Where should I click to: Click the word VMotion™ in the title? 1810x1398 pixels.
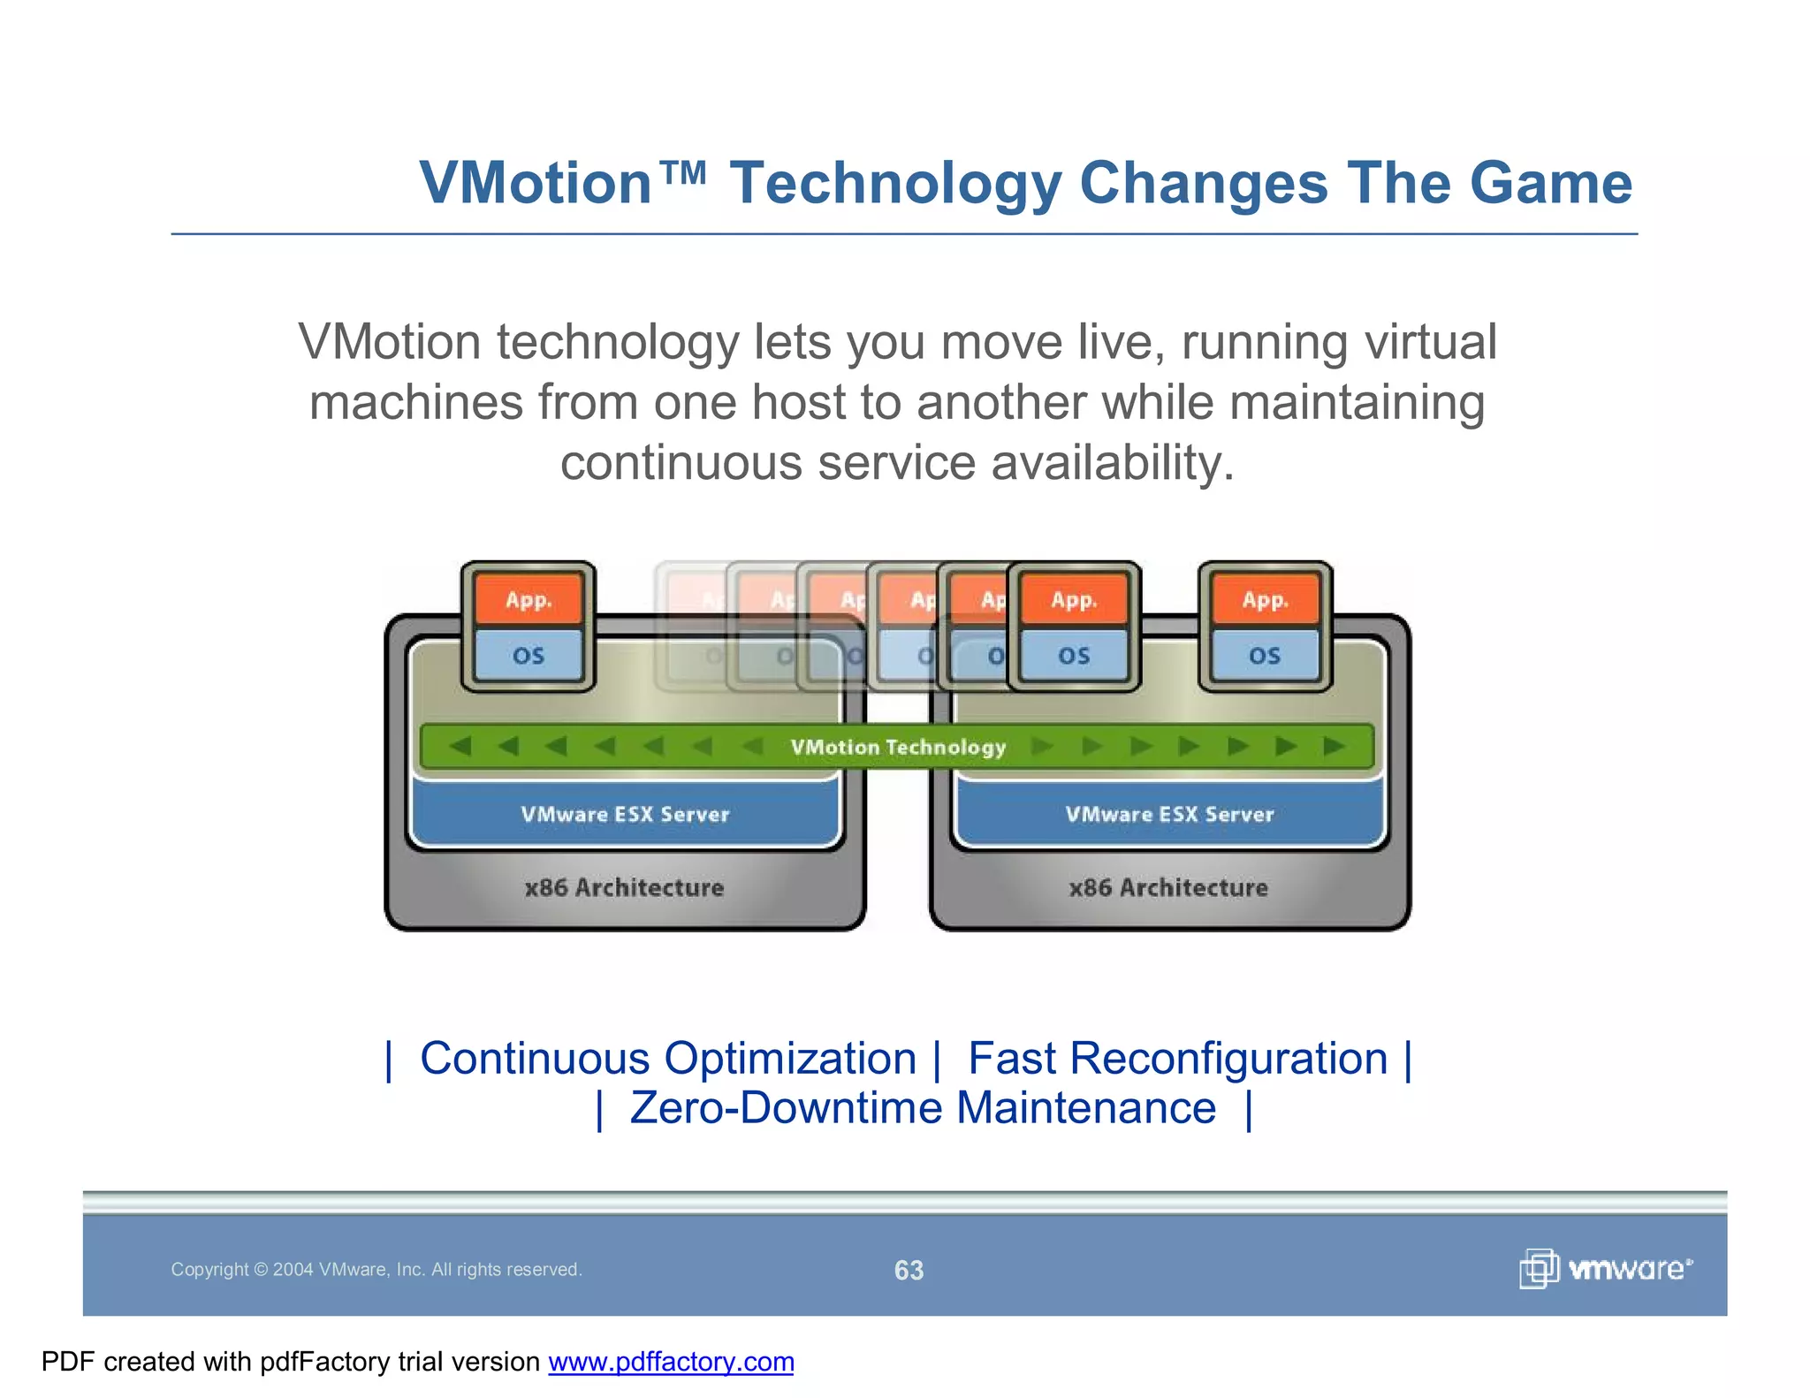(x=562, y=183)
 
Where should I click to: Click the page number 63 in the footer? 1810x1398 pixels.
(x=909, y=1270)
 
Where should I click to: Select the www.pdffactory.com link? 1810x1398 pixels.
(x=671, y=1362)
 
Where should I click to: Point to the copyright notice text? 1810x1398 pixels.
(x=376, y=1270)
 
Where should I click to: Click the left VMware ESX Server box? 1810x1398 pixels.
(x=625, y=814)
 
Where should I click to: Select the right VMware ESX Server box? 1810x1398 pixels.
(x=1169, y=814)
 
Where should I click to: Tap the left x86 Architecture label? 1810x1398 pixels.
(x=624, y=887)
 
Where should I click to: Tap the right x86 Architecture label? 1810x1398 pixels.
(x=1168, y=887)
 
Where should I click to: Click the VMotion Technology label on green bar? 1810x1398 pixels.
(x=898, y=748)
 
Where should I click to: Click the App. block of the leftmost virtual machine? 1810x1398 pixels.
(x=529, y=600)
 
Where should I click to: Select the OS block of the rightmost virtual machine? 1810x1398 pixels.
(x=1265, y=656)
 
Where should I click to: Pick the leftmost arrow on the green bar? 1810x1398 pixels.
(x=460, y=747)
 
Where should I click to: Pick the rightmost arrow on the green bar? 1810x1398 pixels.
(x=1334, y=747)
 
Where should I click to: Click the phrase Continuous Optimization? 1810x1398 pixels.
(x=668, y=1059)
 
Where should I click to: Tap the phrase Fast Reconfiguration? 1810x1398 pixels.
(x=1177, y=1059)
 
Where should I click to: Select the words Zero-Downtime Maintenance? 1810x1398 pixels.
(x=923, y=1108)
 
